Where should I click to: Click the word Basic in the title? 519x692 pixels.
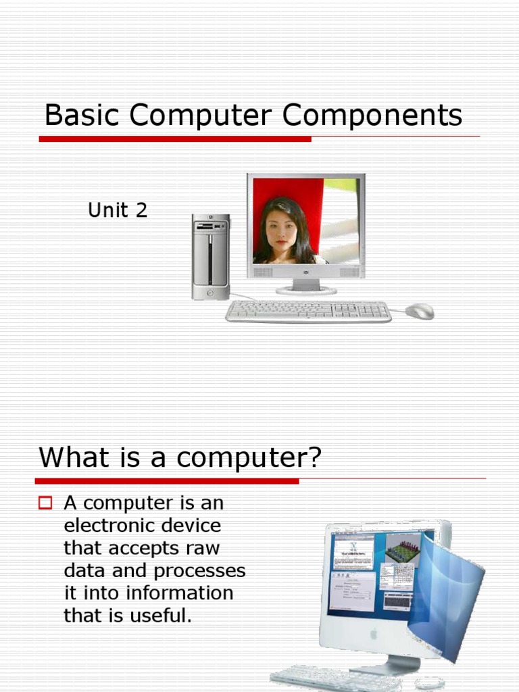click(x=82, y=116)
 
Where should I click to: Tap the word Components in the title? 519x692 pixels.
click(x=372, y=116)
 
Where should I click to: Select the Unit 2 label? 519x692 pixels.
click(x=118, y=210)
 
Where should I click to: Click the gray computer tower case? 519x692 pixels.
click(x=210, y=257)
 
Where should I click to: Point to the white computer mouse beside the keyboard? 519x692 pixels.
click(x=420, y=311)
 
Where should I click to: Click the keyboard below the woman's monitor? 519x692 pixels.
click(x=308, y=311)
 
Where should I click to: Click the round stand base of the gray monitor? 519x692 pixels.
click(x=306, y=290)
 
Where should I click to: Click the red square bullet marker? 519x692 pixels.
click(x=46, y=503)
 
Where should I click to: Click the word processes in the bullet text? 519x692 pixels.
click(x=199, y=571)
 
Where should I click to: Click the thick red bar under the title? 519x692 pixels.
click(x=175, y=139)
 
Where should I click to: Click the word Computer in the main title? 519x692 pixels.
click(x=201, y=116)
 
